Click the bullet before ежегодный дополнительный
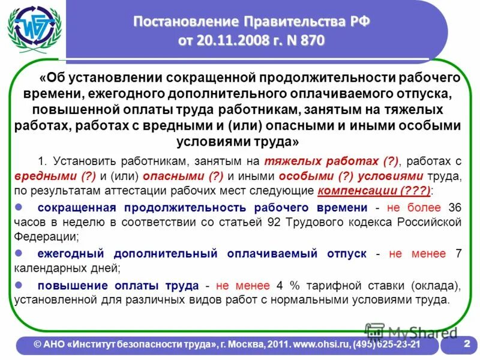tap(18, 253)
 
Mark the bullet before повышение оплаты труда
tap(18, 284)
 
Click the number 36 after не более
tap(455, 208)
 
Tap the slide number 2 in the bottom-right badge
tap(466, 344)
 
